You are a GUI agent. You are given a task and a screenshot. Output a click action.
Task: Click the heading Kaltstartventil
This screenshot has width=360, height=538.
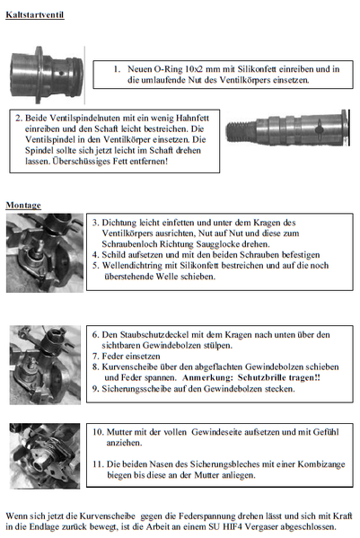35,14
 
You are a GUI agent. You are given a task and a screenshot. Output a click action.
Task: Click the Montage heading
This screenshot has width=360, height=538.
23,205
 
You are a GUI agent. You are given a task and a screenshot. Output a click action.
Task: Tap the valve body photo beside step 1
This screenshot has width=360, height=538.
47,75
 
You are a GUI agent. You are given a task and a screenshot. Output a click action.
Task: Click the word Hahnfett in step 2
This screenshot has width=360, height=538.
192,118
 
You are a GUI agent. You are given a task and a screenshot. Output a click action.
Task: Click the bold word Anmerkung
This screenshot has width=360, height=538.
207,378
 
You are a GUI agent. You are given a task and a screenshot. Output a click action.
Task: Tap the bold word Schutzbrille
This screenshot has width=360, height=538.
262,378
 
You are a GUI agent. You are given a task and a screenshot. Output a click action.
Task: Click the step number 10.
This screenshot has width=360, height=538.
97,432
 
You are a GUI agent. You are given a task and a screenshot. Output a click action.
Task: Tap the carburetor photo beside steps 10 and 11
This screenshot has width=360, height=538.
45,456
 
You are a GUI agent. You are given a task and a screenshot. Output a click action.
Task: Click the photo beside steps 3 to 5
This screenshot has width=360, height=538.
45,253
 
